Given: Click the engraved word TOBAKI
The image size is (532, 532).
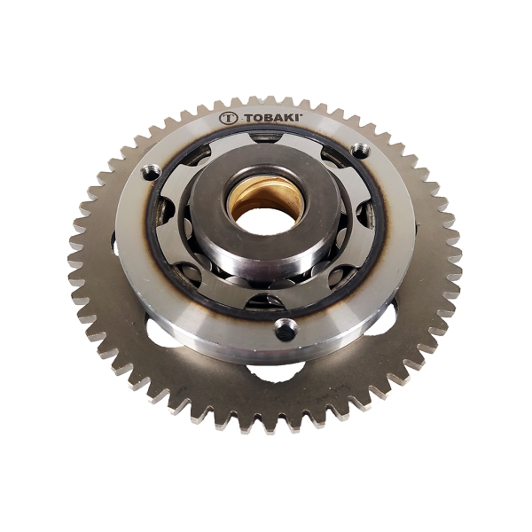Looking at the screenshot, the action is coord(273,119).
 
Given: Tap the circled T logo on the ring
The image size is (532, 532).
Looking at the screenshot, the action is coord(228,119).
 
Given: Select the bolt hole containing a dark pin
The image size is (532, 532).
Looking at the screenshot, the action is coord(286,329).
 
